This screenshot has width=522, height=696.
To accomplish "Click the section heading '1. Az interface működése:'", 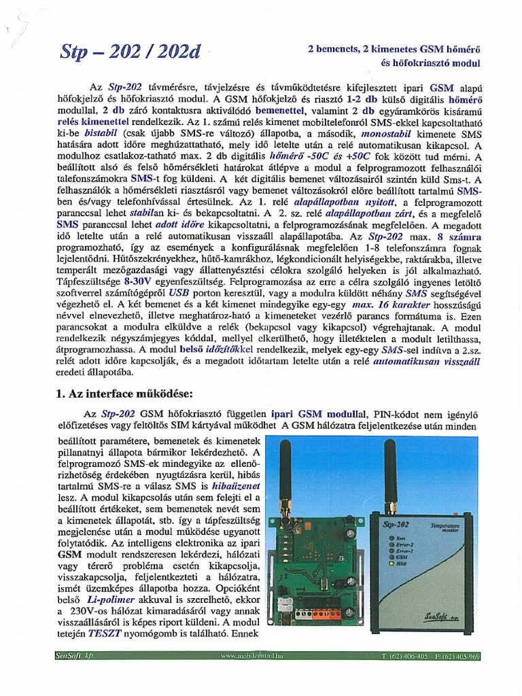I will pos(124,393).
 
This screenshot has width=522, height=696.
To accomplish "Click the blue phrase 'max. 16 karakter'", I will pos(388,305).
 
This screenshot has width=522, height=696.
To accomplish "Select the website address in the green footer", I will pos(251,656).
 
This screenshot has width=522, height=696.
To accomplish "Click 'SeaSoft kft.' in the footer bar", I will pos(74,656).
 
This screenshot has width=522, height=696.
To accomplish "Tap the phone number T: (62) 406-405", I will pos(405,656).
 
